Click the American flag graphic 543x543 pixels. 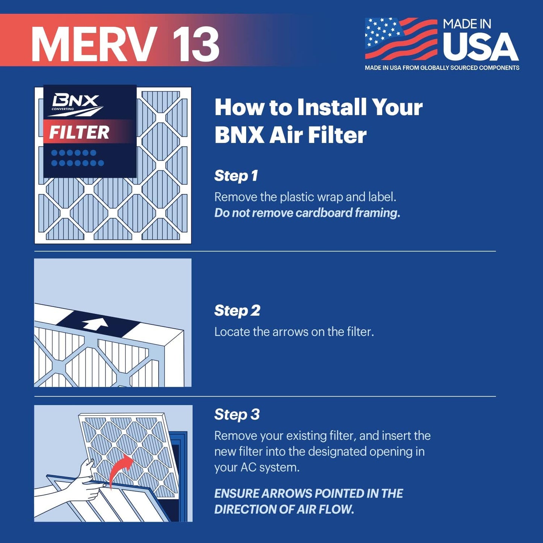(401, 39)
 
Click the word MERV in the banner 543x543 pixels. (94, 44)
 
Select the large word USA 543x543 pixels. (480, 47)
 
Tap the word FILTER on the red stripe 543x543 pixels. (79, 133)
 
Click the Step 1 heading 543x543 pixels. (236, 176)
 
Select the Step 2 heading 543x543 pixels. (237, 311)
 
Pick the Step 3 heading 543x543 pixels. (237, 414)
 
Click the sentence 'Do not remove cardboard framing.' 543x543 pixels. (307, 213)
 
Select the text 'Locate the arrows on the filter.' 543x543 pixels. (294, 332)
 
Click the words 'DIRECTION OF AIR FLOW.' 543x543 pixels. (284, 510)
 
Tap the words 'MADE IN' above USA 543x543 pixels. (467, 24)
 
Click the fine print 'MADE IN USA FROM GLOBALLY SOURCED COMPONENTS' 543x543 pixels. (442, 68)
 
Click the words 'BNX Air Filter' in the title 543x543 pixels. (290, 135)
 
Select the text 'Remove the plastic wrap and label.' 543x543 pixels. (305, 197)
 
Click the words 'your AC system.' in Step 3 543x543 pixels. (257, 467)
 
